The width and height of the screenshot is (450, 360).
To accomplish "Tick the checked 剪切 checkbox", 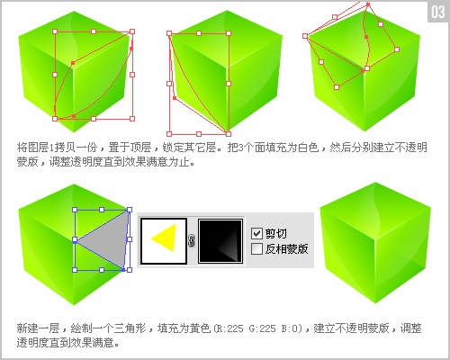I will point(256,231).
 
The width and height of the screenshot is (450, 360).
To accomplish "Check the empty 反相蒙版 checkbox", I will point(256,247).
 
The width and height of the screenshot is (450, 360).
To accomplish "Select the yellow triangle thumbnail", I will point(164,240).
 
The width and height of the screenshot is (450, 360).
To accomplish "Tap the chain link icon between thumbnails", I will point(193,241).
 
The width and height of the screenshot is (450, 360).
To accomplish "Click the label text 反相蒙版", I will point(287,247).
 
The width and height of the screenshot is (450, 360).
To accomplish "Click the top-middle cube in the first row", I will point(213,72).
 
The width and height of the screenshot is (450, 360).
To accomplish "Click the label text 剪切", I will point(275,231).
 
